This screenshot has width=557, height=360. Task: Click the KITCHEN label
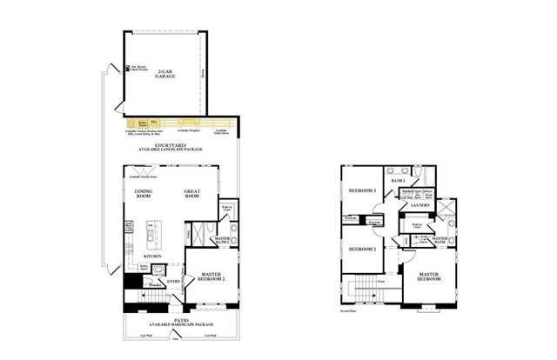[155, 256]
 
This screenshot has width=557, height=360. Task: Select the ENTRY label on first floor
[173, 280]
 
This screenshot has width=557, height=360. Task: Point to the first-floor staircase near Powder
[147, 300]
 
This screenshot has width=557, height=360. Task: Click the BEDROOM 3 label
[361, 190]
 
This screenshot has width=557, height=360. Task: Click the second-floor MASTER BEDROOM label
[428, 277]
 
